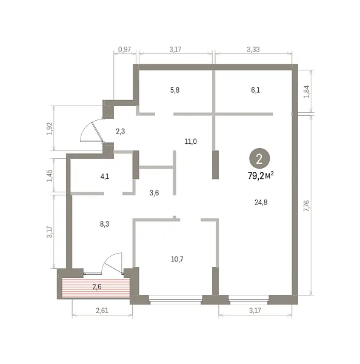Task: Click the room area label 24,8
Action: pyautogui.click(x=261, y=203)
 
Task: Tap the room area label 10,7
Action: pyautogui.click(x=177, y=259)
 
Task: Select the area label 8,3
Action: pyautogui.click(x=105, y=224)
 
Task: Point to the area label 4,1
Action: pyautogui.click(x=105, y=177)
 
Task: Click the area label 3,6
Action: pyautogui.click(x=155, y=193)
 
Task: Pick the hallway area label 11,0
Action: pyautogui.click(x=191, y=141)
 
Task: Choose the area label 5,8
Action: pyautogui.click(x=175, y=90)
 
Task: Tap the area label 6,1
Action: pyautogui.click(x=256, y=90)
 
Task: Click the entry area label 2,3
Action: pyautogui.click(x=121, y=132)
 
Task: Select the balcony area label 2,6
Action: pyautogui.click(x=97, y=287)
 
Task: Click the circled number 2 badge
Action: pyautogui.click(x=259, y=158)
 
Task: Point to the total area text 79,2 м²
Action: pyautogui.click(x=261, y=176)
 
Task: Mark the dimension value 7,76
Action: pyautogui.click(x=307, y=206)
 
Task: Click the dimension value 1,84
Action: pyautogui.click(x=307, y=92)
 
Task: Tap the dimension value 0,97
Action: pyautogui.click(x=125, y=50)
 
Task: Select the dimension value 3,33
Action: pyautogui.click(x=253, y=50)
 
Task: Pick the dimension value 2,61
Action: pyautogui.click(x=102, y=311)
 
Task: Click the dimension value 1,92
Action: pyautogui.click(x=50, y=129)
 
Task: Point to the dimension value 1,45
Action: pyautogui.click(x=50, y=176)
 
